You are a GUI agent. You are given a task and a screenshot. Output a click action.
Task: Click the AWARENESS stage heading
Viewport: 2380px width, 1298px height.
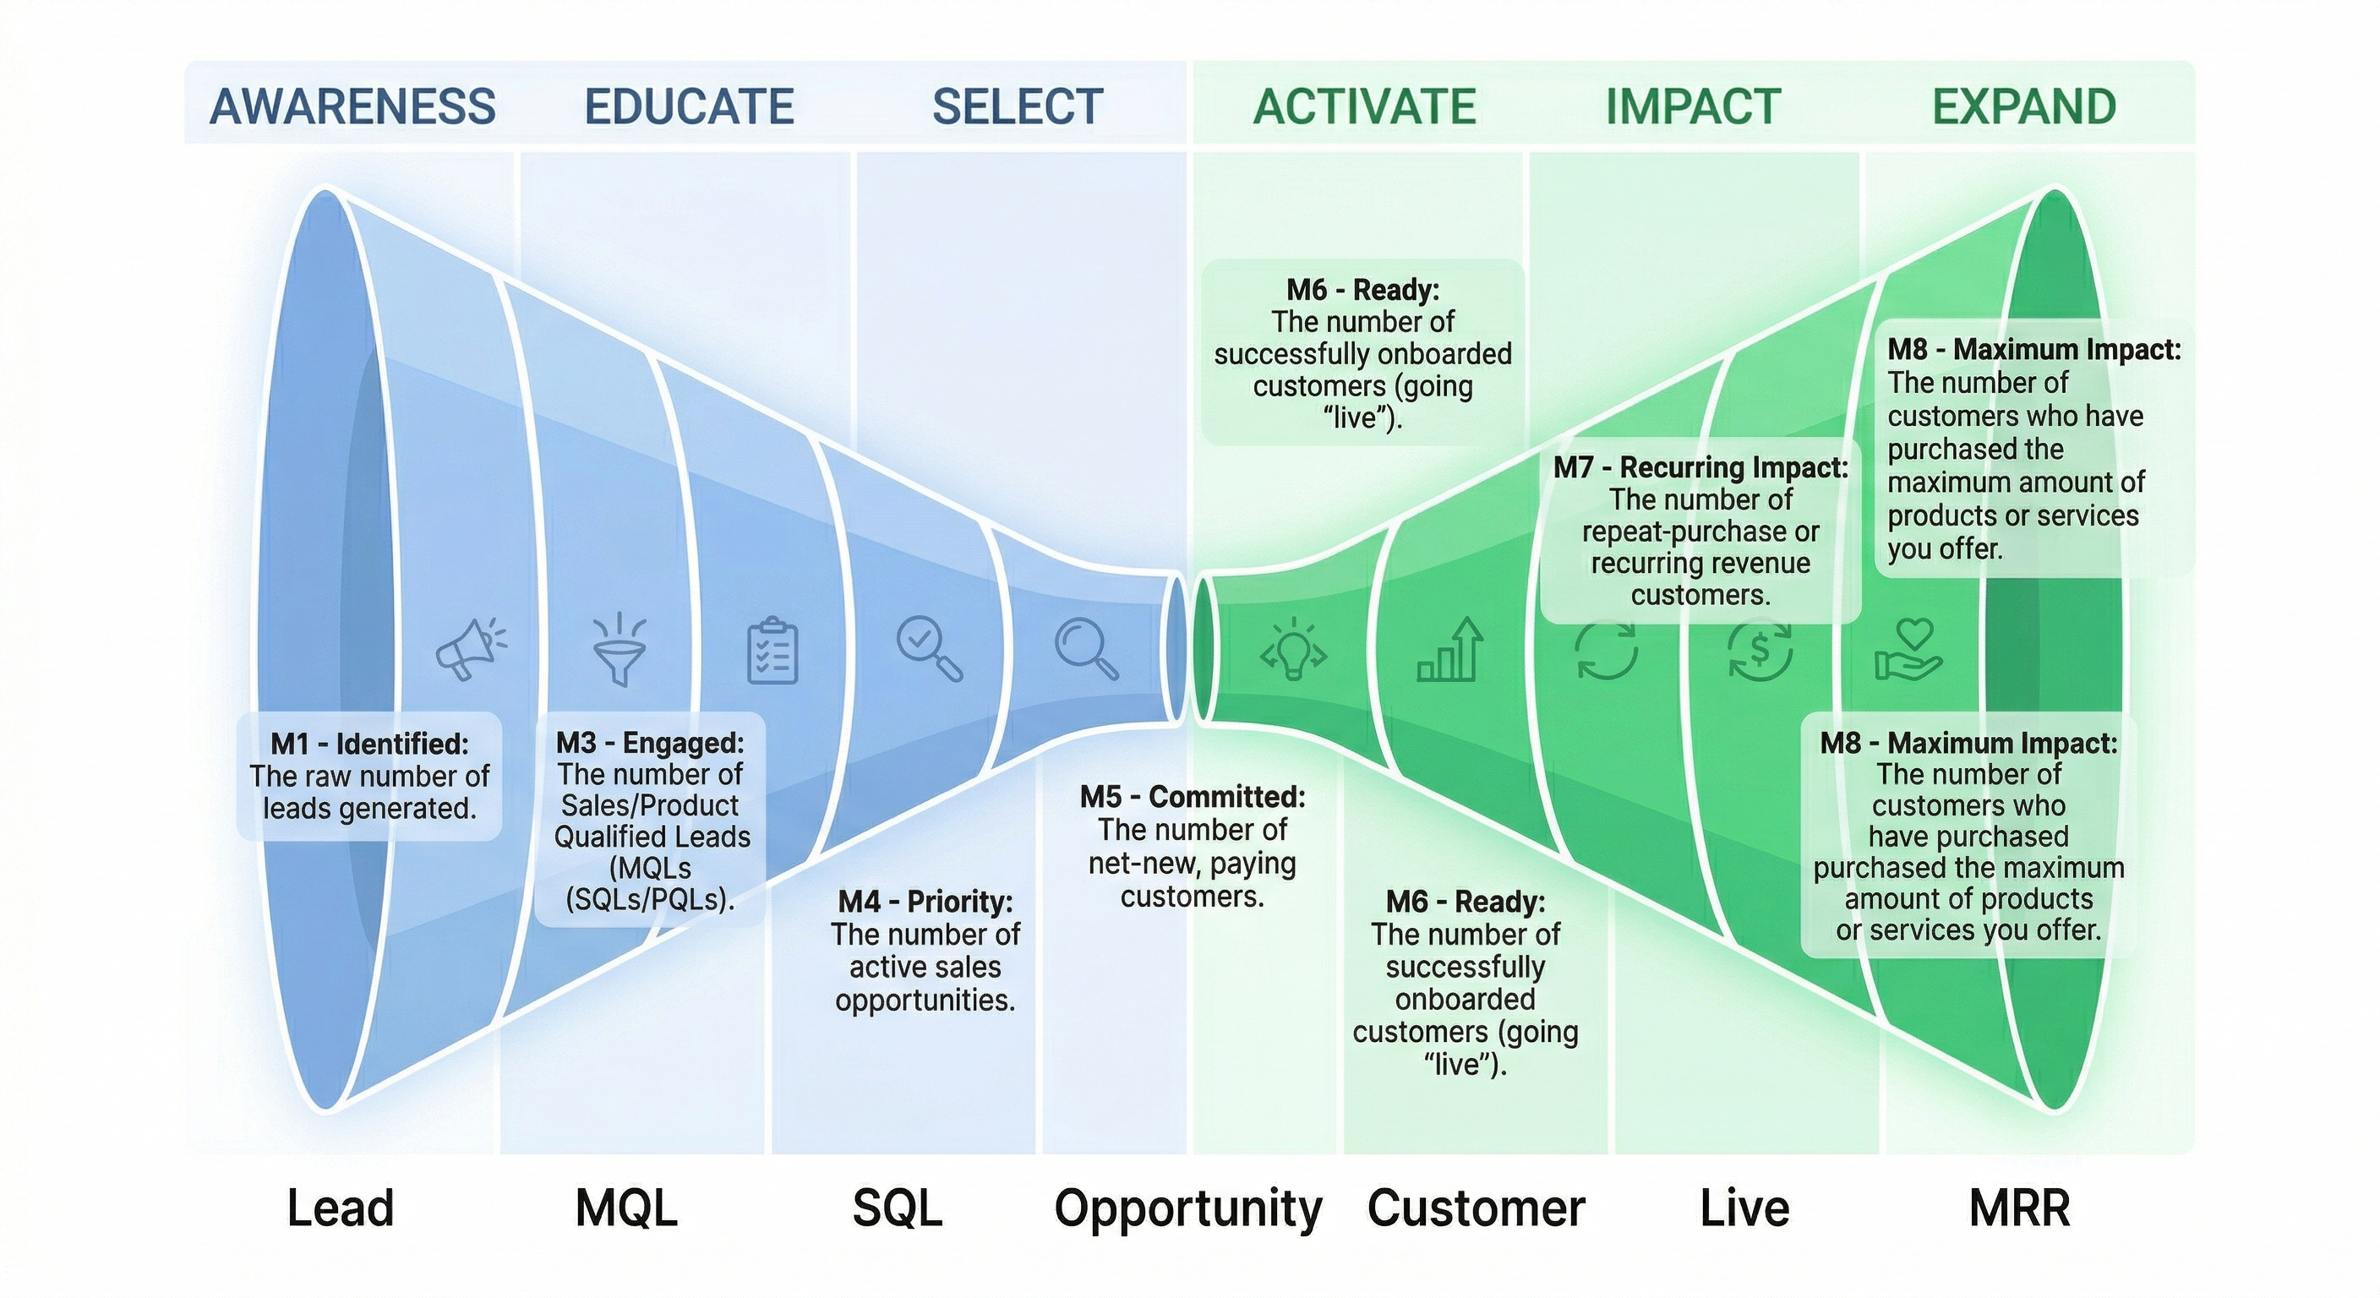pyautogui.click(x=353, y=106)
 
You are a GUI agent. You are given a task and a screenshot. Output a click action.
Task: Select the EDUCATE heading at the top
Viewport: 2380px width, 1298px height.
pyautogui.click(x=690, y=106)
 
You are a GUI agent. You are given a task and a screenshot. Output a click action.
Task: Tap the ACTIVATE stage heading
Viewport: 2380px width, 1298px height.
pyautogui.click(x=1365, y=106)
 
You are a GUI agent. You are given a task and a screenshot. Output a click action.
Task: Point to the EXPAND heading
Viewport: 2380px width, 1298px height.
pyautogui.click(x=2024, y=106)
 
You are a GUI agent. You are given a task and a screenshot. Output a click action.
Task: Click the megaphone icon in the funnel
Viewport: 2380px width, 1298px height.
pyautogui.click(x=470, y=648)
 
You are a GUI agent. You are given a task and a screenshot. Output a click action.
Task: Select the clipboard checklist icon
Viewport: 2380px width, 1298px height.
pyautogui.click(x=772, y=652)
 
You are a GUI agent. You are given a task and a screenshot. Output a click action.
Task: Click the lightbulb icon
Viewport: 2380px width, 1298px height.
pyautogui.click(x=1293, y=648)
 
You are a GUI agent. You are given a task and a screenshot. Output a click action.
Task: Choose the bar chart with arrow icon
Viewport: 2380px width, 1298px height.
pyautogui.click(x=1450, y=651)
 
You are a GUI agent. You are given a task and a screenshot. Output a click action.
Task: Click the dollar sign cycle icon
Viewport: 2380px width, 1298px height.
pyautogui.click(x=1760, y=652)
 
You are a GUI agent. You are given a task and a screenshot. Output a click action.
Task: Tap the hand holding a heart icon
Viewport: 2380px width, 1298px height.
pyautogui.click(x=1908, y=650)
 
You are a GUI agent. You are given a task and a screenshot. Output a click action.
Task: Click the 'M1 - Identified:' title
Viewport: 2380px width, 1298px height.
pyautogui.click(x=369, y=744)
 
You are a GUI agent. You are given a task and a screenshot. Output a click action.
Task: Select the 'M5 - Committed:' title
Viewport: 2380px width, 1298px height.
pyautogui.click(x=1193, y=796)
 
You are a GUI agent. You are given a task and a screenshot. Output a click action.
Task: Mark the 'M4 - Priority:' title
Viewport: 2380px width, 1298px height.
pyautogui.click(x=925, y=902)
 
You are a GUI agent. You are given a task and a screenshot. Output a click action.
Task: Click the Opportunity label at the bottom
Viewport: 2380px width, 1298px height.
pyautogui.click(x=1188, y=1208)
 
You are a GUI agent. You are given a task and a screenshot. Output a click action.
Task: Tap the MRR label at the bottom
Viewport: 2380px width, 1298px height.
pyautogui.click(x=2020, y=1208)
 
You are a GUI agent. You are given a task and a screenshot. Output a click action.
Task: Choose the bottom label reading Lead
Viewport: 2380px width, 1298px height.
pyautogui.click(x=340, y=1208)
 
